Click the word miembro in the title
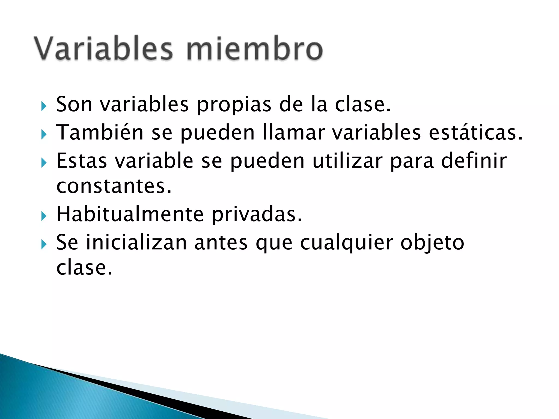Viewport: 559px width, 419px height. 254,49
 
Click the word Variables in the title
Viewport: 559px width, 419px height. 104,49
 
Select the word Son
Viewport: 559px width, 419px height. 74,104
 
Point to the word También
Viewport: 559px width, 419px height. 100,133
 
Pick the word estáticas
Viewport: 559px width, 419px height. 475,133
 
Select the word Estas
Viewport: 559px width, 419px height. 82,161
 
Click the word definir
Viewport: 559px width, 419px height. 474,161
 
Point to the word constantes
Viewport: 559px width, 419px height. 114,186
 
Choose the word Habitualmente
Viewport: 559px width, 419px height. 130,214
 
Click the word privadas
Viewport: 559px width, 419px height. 257,214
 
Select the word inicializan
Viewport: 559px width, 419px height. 136,243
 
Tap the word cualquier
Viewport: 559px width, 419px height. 347,243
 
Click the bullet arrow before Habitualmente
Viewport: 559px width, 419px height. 44,216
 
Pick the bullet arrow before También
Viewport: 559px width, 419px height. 44,134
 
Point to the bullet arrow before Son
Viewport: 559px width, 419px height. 44,106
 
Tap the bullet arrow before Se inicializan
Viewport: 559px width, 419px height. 44,244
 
